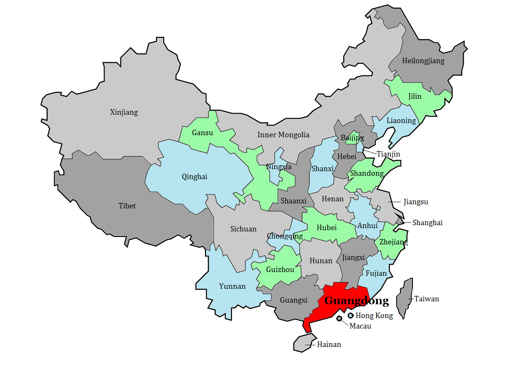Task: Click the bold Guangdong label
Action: point(356,300)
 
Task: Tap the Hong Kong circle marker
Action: point(351,316)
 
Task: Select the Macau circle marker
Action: point(339,319)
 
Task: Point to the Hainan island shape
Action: point(303,343)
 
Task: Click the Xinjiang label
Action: point(124,112)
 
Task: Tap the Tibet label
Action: point(127,206)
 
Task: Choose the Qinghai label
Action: point(194,177)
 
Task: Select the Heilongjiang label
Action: point(423,61)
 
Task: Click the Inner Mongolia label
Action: point(284,135)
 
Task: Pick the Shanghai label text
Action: point(427,223)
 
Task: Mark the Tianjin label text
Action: point(388,154)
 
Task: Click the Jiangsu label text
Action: point(416,202)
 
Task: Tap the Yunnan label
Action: point(232,286)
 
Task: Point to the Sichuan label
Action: point(243,229)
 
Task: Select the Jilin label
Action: point(415,97)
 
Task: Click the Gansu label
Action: point(202,133)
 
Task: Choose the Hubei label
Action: point(327,228)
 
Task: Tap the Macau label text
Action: point(360,326)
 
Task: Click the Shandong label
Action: point(367,173)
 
